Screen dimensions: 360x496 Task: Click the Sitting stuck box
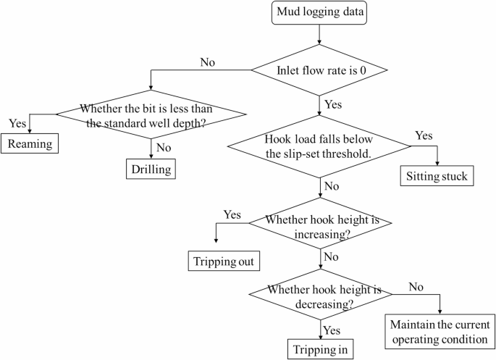pos(437,177)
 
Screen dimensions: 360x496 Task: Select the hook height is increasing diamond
pos(321,226)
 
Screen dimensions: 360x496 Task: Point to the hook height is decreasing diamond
pos(321,296)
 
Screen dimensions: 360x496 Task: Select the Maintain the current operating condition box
pos(440,331)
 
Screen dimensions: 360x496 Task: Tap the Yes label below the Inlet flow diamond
pos(333,104)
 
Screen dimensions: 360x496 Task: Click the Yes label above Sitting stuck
pos(425,136)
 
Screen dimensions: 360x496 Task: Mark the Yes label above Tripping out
pos(232,215)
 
